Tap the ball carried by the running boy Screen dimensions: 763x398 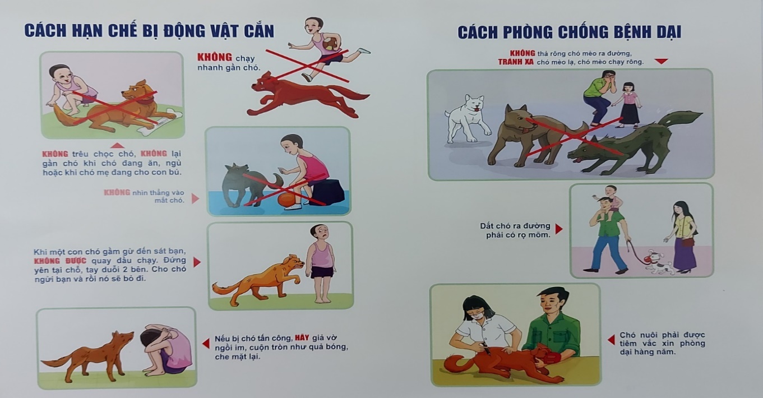(331, 44)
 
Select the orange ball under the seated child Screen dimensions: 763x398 (287, 200)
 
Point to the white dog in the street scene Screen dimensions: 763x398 (467, 118)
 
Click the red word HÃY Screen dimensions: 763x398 (302, 337)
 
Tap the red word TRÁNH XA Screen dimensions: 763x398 (516, 62)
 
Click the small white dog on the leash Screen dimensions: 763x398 (658, 262)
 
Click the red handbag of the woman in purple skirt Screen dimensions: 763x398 (688, 242)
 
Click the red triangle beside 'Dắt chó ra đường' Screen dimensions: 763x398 (558, 229)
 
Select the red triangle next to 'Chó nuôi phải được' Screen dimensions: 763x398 (611, 340)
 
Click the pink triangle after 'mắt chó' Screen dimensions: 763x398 (195, 198)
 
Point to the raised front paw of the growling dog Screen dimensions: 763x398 (296, 279)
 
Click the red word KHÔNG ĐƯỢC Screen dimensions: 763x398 (60, 261)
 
